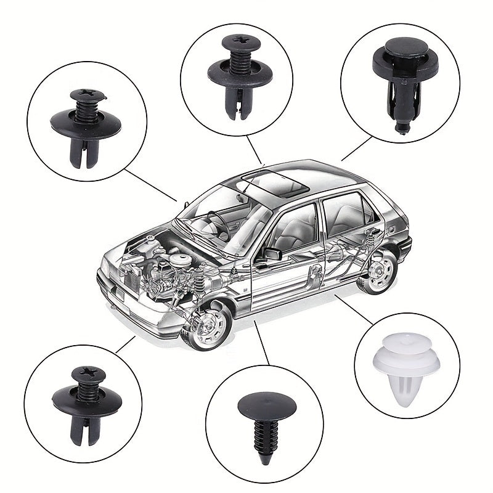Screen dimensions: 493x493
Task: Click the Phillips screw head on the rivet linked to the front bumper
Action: (84, 373)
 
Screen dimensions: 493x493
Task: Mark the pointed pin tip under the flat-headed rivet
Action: (402, 128)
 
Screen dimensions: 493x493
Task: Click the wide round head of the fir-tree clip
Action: (263, 403)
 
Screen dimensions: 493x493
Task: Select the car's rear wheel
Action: (377, 271)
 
